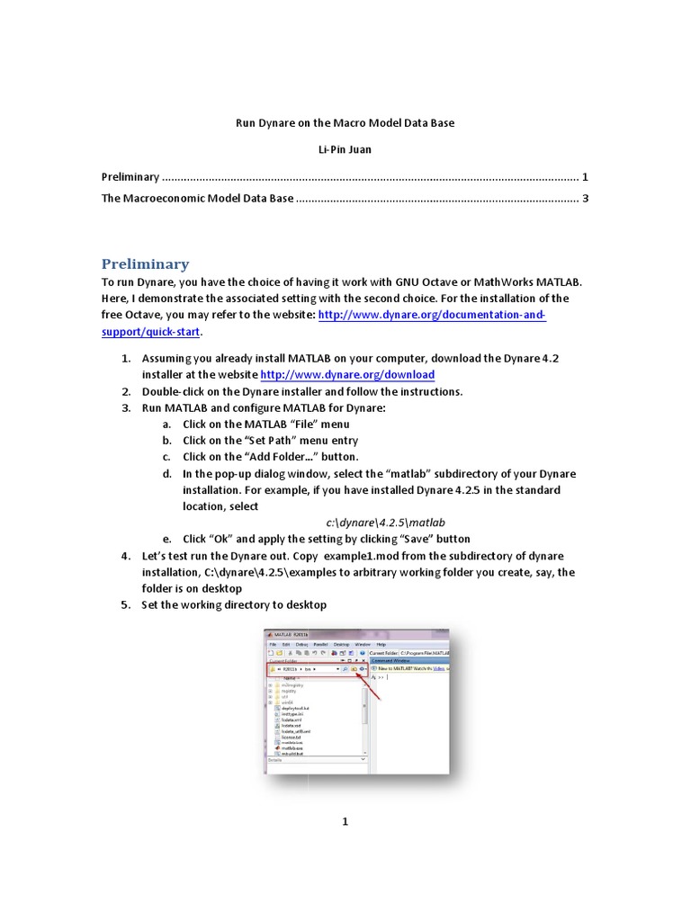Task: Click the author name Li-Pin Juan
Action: point(345,148)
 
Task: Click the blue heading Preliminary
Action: point(145,264)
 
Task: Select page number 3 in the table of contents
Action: point(585,199)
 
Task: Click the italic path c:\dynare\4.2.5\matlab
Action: point(386,523)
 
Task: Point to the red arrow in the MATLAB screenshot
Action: point(372,686)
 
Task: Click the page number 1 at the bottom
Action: point(345,821)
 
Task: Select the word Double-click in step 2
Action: point(172,391)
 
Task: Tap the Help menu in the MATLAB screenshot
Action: point(381,644)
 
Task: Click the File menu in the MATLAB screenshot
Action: point(273,644)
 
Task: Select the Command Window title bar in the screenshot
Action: point(396,659)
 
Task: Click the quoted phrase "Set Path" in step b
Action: point(273,441)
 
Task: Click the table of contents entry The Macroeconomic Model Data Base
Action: point(197,199)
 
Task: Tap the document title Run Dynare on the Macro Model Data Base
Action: point(345,122)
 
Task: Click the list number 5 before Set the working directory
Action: point(126,605)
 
